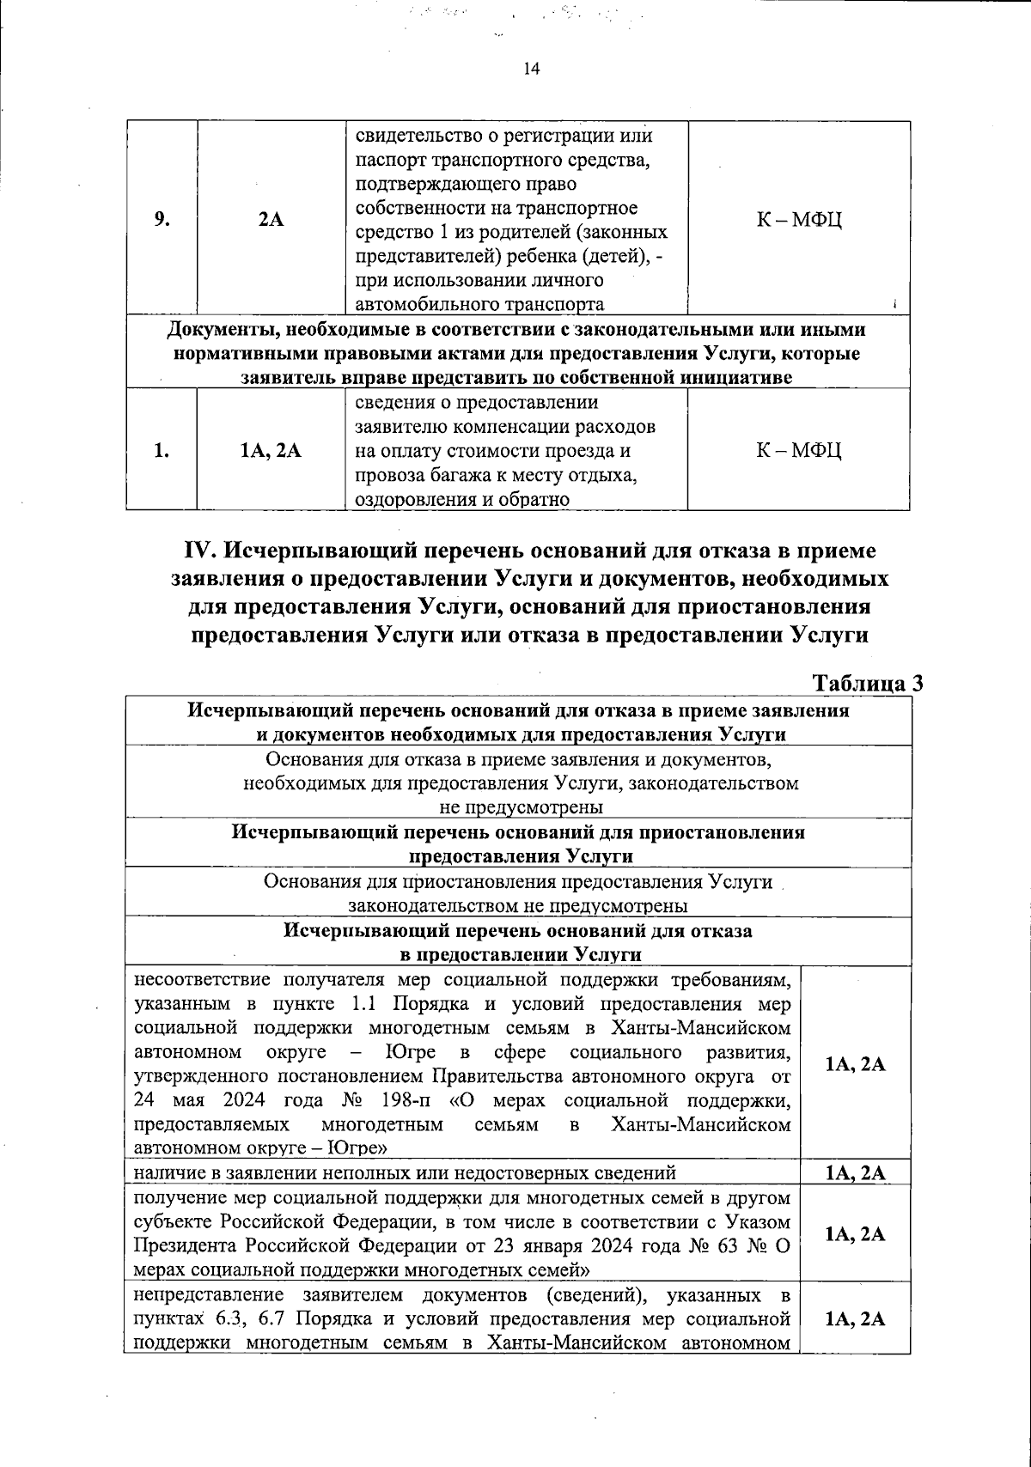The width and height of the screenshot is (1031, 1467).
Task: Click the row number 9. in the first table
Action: [x=162, y=218]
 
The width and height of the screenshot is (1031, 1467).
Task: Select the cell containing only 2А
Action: [x=271, y=218]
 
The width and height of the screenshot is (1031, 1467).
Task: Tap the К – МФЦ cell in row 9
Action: [x=798, y=218]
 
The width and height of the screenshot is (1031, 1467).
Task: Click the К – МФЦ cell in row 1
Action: [x=798, y=450]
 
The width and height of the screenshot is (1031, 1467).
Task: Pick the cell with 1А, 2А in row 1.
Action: [x=271, y=450]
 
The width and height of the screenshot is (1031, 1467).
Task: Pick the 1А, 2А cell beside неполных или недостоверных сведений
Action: [x=855, y=1173]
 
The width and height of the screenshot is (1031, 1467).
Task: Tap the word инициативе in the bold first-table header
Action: [x=736, y=378]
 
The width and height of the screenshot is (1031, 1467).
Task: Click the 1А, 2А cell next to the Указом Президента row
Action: [x=855, y=1233]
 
